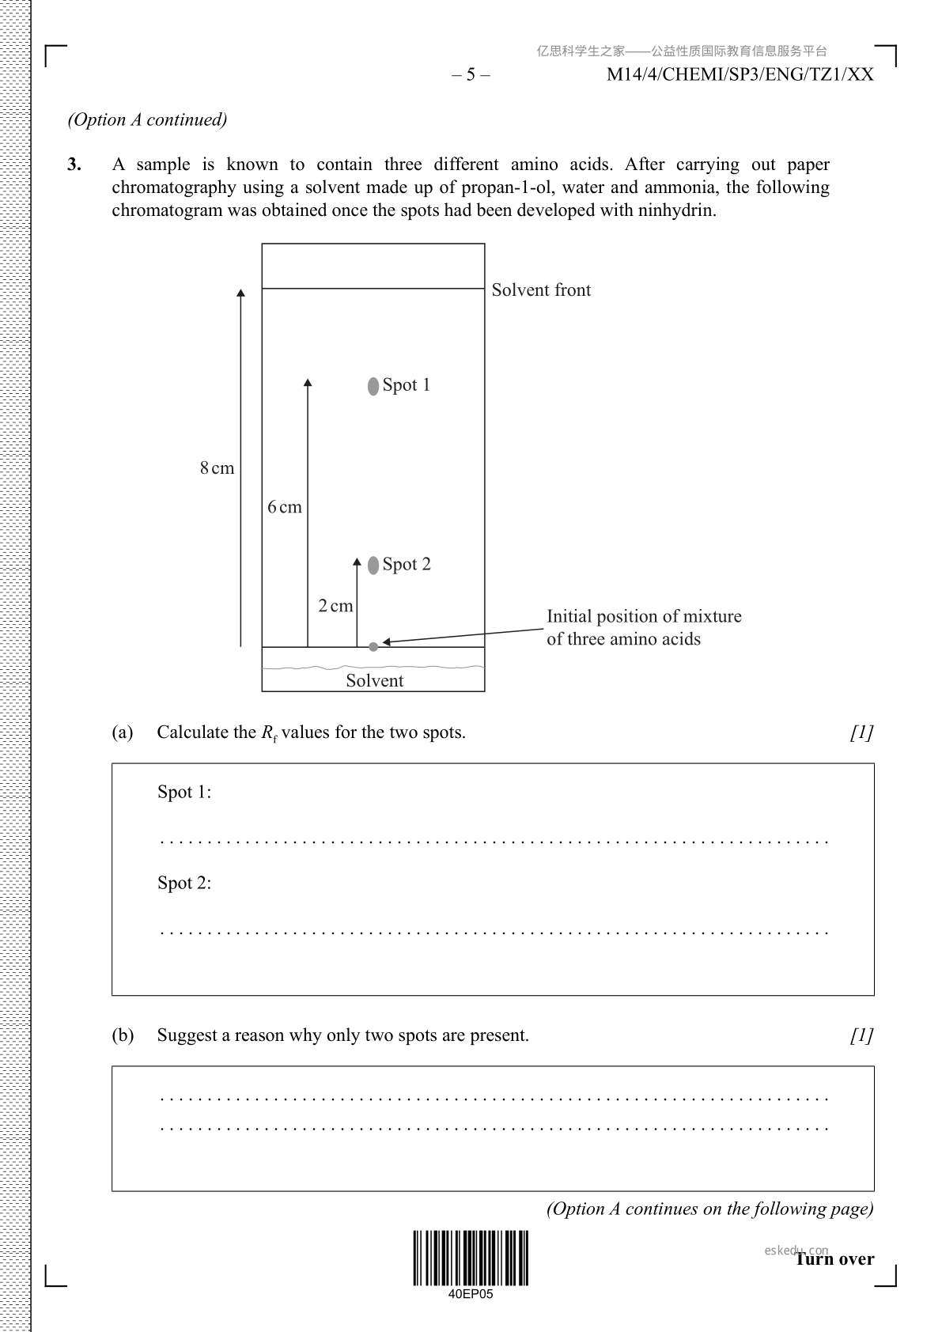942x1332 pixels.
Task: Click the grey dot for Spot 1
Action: click(x=373, y=387)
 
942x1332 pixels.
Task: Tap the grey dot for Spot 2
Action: click(x=373, y=566)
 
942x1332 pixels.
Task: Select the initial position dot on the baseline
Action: click(x=373, y=647)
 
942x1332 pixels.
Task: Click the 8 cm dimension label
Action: click(x=217, y=468)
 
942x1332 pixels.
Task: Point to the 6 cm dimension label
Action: click(x=284, y=507)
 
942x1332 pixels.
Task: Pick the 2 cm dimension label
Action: click(x=335, y=605)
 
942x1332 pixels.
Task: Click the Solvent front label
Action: click(x=541, y=289)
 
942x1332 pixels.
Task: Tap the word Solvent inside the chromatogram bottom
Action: click(x=375, y=680)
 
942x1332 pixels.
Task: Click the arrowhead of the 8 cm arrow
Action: click(x=241, y=293)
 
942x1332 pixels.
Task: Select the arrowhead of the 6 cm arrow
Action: click(x=308, y=382)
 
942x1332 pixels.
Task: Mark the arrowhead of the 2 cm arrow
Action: click(x=357, y=562)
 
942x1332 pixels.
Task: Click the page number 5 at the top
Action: click(x=471, y=74)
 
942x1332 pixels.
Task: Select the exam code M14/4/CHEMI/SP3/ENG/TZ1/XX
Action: click(x=740, y=74)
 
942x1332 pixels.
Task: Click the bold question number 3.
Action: click(x=74, y=164)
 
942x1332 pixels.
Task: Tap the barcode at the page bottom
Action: click(x=471, y=1258)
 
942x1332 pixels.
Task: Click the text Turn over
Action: click(x=835, y=1259)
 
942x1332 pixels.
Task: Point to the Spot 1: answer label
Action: click(x=184, y=792)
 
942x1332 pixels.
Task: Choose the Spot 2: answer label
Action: click(x=184, y=883)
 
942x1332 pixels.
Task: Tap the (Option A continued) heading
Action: click(x=147, y=119)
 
